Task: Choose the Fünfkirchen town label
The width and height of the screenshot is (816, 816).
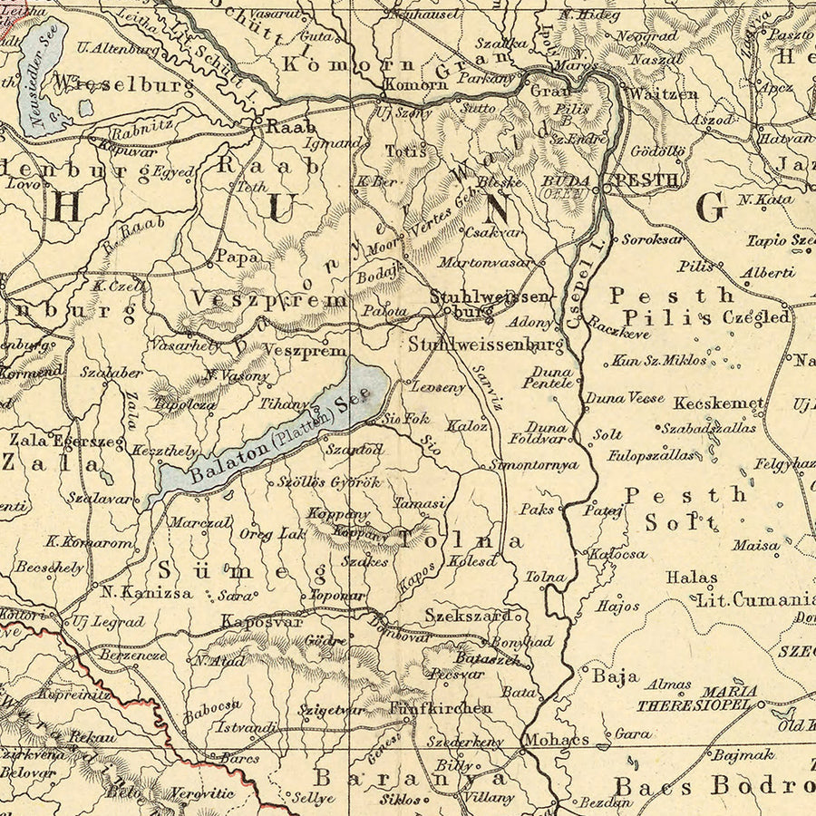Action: pos(441,708)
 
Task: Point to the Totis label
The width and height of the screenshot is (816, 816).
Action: pos(405,151)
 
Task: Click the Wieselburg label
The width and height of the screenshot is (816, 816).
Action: pos(124,86)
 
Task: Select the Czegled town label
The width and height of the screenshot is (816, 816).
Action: pos(756,317)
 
